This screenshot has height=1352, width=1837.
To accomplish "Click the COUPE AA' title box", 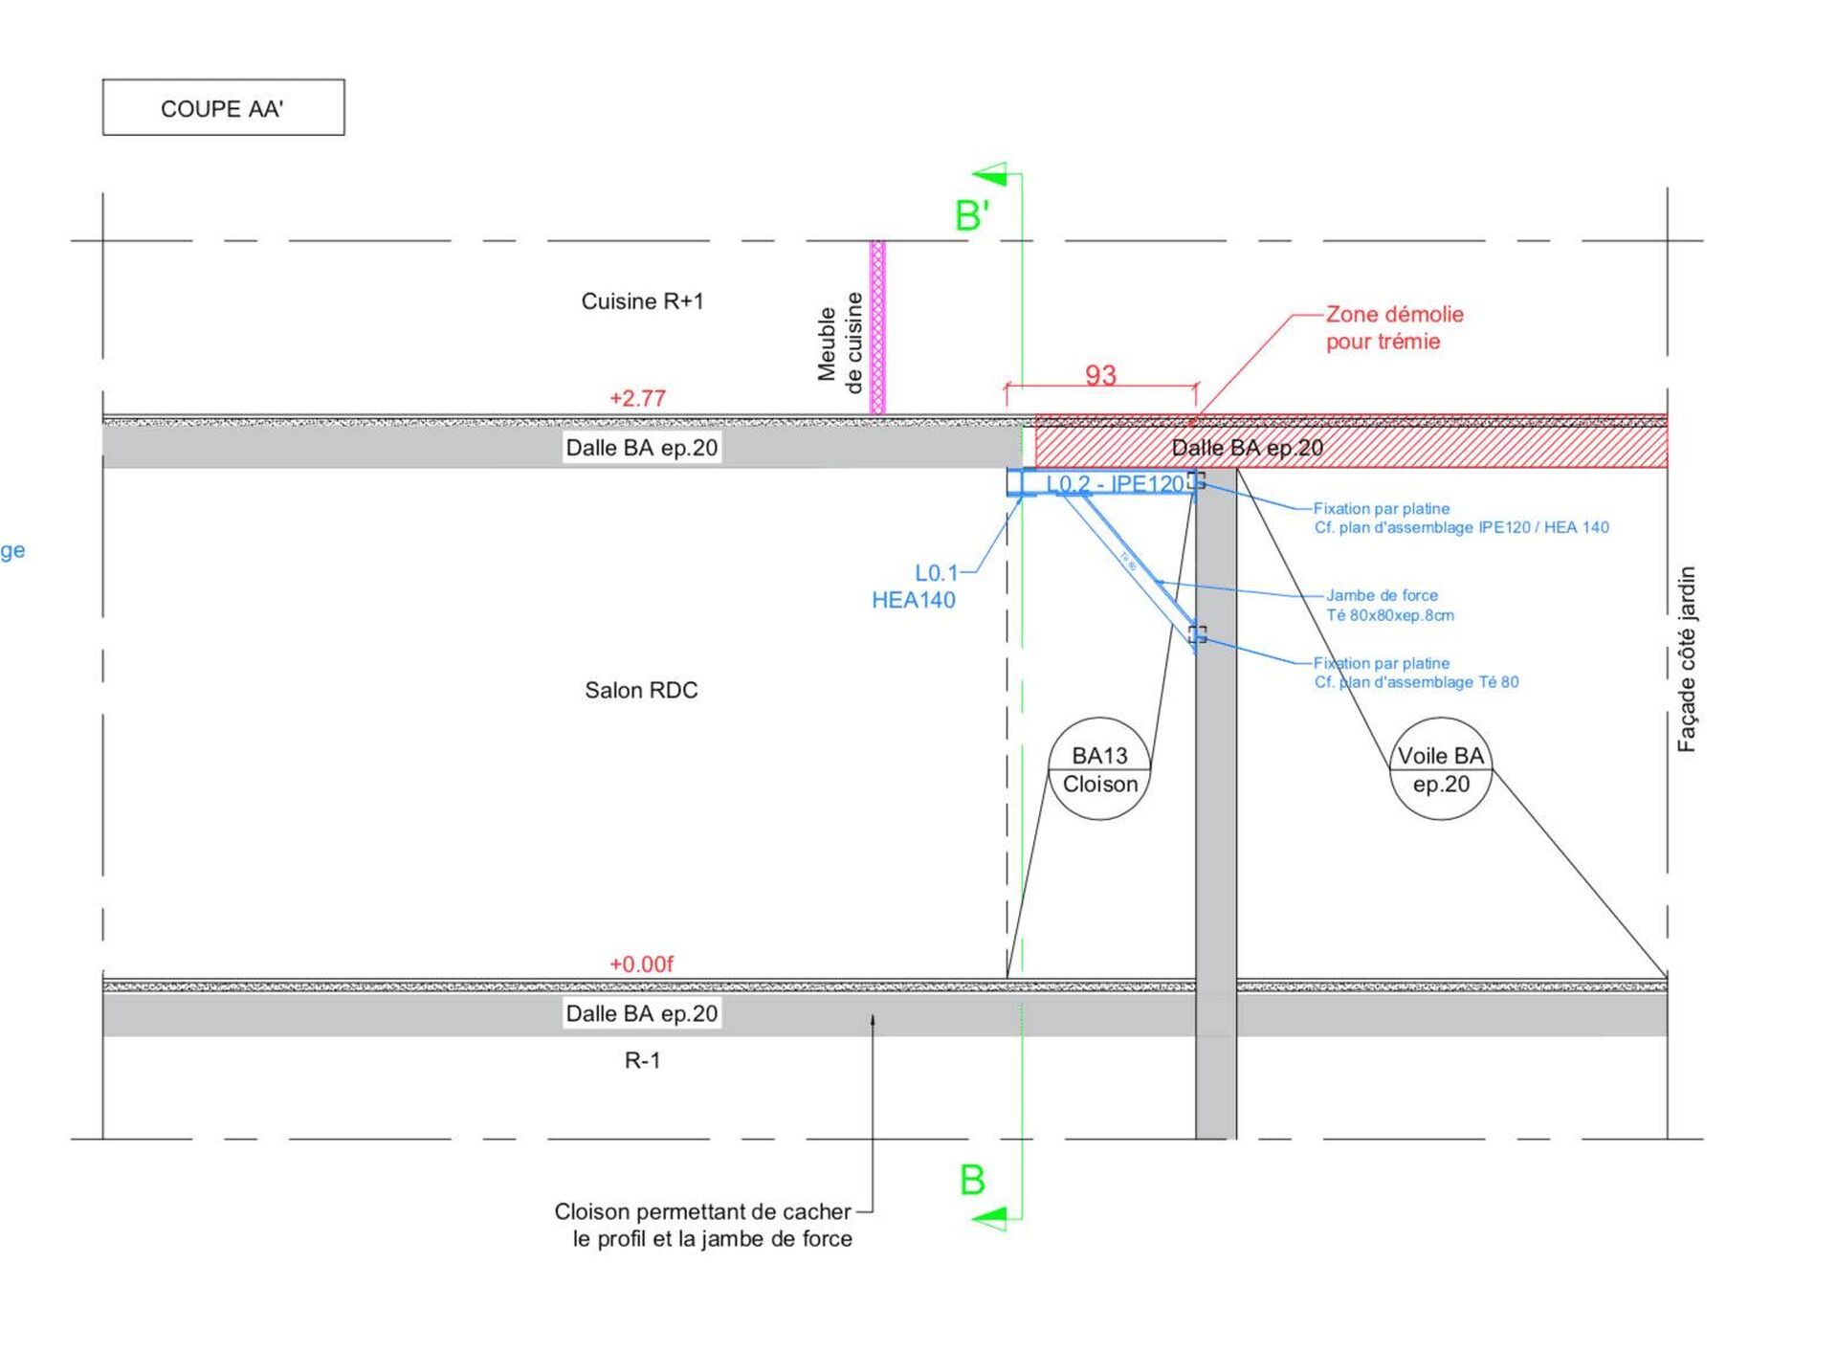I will tap(223, 107).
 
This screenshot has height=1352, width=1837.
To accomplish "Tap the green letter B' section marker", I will tap(971, 215).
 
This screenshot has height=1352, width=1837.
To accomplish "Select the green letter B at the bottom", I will tap(972, 1180).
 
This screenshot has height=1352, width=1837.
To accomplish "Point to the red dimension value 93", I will tap(1100, 374).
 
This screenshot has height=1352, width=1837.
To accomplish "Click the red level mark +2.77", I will tap(637, 398).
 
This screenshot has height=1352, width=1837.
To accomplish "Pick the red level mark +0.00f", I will tap(641, 964).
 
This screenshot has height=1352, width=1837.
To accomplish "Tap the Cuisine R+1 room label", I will tap(642, 301).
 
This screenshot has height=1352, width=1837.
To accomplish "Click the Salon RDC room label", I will tap(641, 690).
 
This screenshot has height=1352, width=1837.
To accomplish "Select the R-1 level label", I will tap(642, 1060).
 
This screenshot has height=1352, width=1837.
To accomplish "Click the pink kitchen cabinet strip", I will tap(877, 326).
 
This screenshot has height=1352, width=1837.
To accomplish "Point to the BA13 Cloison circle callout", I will tap(1100, 769).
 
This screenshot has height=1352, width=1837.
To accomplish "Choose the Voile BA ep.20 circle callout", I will tap(1441, 769).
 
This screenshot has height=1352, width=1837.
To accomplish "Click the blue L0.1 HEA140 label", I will tap(915, 587).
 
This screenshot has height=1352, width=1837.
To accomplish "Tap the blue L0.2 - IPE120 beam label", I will tap(1116, 484).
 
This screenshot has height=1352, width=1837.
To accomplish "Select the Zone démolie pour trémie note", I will tap(1394, 327).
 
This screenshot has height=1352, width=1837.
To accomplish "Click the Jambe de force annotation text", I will tap(1389, 605).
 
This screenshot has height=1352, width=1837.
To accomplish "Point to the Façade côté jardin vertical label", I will tap(1686, 659).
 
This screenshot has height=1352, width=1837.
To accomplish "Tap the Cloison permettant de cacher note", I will tap(703, 1225).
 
